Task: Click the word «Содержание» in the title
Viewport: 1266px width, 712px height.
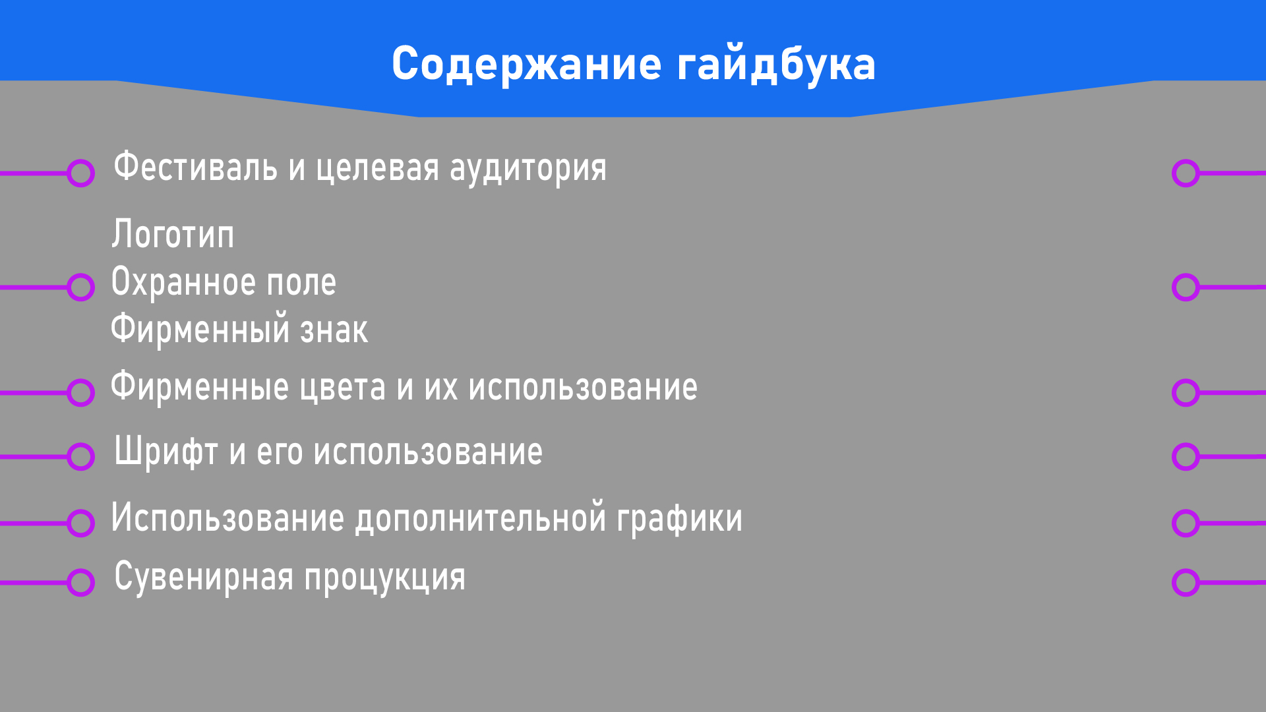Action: [x=526, y=65]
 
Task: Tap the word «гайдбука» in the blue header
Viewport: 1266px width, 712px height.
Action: [x=776, y=65]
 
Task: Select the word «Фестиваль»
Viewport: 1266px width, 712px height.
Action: [x=195, y=167]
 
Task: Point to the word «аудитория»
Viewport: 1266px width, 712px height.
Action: [x=527, y=169]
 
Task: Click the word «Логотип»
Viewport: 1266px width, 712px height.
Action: [x=173, y=235]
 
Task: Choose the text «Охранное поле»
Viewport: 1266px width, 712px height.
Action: [x=224, y=283]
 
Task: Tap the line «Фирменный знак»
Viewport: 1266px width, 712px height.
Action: [x=239, y=330]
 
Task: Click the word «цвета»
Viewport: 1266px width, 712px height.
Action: [x=342, y=388]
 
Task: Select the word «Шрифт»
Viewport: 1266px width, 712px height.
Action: [x=166, y=453]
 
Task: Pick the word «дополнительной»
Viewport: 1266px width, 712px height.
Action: [x=481, y=518]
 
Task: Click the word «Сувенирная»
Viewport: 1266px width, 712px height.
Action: [x=204, y=578]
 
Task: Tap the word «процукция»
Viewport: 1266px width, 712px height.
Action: [x=384, y=578]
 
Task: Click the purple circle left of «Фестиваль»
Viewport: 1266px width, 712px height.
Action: [x=80, y=173]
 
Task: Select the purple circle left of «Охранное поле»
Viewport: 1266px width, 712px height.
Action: [x=80, y=287]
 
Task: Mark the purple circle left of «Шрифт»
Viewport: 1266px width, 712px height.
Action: [x=80, y=456]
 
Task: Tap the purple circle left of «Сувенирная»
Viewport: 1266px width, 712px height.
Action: [x=80, y=583]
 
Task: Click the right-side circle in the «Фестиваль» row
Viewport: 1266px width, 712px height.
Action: [x=1186, y=173]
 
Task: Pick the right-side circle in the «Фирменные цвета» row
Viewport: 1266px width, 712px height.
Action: [x=1186, y=393]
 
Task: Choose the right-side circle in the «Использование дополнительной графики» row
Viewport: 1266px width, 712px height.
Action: [x=1186, y=523]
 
